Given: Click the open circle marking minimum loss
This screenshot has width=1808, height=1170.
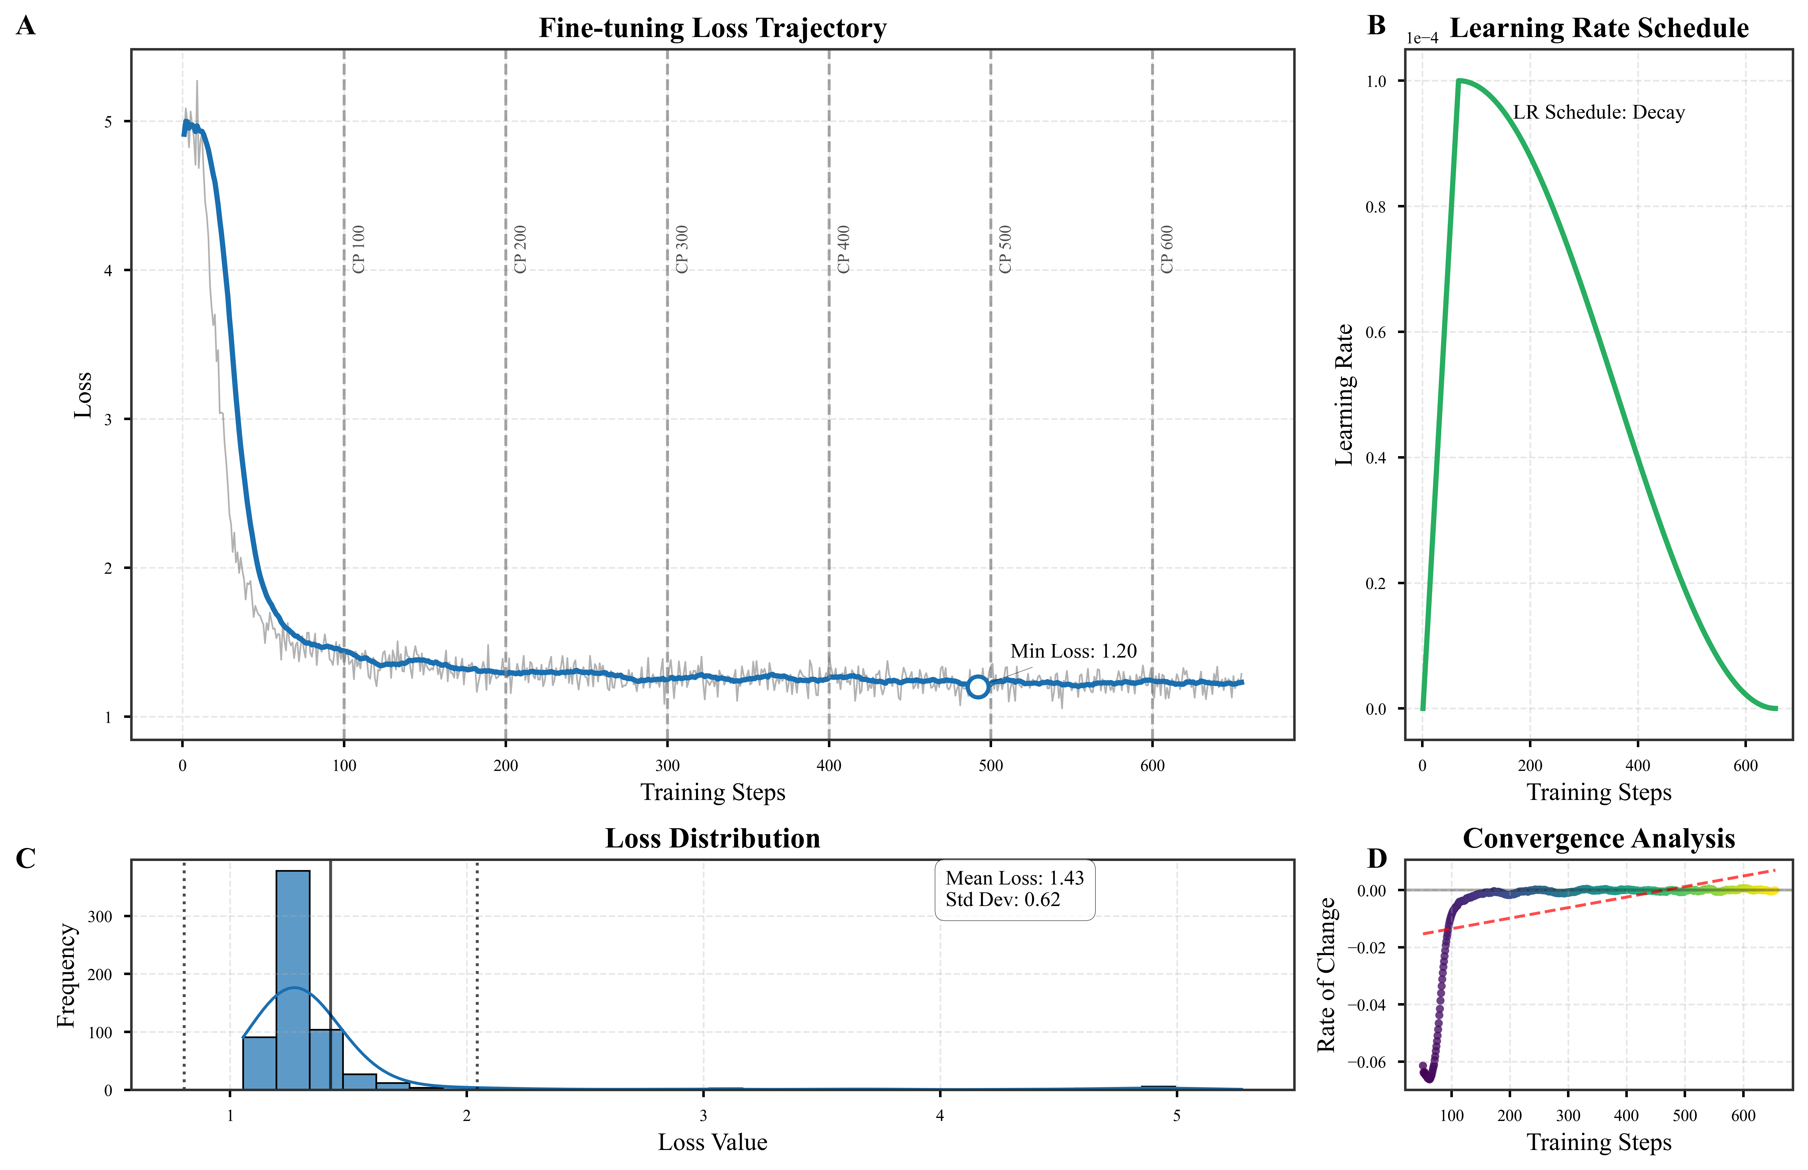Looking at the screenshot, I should (978, 686).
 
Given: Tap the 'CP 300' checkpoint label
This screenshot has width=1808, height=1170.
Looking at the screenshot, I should (682, 249).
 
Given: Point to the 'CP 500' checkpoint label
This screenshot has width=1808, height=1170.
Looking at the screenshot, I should (1005, 249).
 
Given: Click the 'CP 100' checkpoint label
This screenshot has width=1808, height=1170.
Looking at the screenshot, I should (359, 249).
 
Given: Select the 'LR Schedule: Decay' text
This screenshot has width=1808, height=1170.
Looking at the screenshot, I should (1598, 112).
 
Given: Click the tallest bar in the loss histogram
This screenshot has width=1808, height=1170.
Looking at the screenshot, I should (293, 979).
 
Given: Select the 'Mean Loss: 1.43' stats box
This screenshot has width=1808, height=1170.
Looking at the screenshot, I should (1014, 889).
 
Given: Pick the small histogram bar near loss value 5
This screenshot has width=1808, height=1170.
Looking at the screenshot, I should (1159, 1087).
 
